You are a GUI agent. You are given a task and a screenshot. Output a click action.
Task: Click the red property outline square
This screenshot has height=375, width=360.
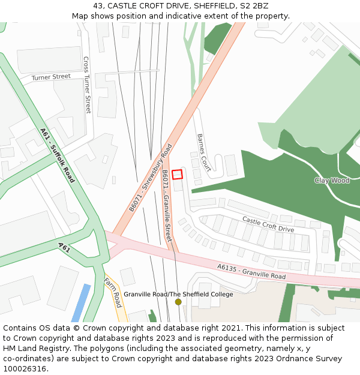click(177, 174)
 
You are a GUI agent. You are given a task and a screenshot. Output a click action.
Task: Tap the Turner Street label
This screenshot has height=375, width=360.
click(51, 77)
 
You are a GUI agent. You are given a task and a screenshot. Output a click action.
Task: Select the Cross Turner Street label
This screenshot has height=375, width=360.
click(87, 85)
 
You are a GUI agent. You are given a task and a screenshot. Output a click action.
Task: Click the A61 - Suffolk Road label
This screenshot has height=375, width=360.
click(58, 155)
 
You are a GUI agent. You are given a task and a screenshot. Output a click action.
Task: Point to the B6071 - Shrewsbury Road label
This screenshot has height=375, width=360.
click(151, 178)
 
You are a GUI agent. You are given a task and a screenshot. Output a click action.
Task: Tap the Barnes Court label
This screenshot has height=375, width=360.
click(203, 152)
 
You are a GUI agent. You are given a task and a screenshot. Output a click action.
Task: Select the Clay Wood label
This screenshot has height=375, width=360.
click(332, 180)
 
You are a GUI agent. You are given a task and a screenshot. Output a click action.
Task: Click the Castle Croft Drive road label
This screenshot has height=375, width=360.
click(268, 224)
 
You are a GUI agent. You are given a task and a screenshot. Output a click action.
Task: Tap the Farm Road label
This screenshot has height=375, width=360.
click(113, 292)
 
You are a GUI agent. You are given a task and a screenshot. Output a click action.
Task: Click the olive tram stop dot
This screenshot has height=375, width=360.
click(178, 302)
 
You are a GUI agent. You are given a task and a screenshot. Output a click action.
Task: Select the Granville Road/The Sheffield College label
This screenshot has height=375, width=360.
click(178, 294)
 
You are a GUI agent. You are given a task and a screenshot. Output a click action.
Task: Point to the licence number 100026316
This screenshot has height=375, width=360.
click(23, 369)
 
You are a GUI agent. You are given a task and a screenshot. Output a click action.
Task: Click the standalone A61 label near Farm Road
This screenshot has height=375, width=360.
click(64, 247)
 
